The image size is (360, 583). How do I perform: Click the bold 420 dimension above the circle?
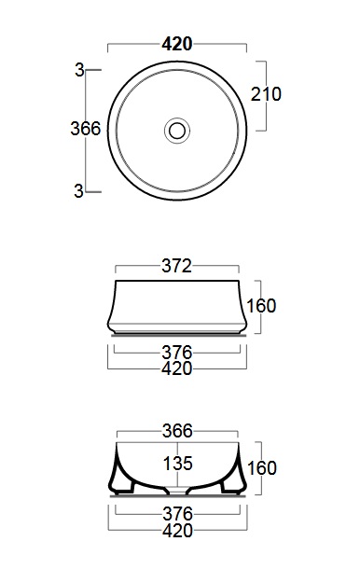pos(177,44)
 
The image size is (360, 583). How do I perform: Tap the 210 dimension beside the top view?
pos(266,94)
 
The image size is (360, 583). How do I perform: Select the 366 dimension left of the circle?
pos(86,129)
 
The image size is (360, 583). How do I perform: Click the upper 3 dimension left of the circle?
pos(79,70)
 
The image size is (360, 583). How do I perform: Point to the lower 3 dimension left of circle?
pos(79,191)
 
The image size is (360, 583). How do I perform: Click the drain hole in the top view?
pos(177,131)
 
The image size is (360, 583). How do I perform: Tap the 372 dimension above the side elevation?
pos(176,266)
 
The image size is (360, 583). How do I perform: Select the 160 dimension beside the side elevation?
pos(261,306)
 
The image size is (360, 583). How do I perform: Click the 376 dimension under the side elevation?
pos(177,352)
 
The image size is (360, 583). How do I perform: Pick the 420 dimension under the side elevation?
pos(177,368)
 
